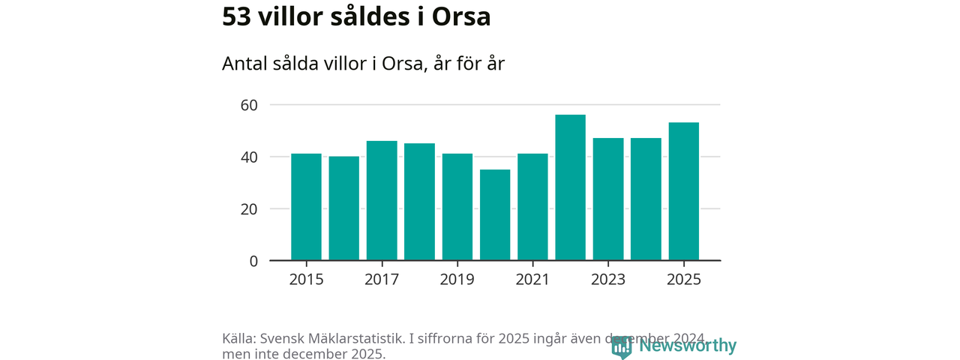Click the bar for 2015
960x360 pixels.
pyautogui.click(x=306, y=207)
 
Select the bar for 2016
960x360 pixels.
pyautogui.click(x=344, y=208)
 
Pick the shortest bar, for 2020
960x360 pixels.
pyautogui.click(x=495, y=215)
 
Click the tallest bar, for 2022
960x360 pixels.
pyautogui.click(x=571, y=187)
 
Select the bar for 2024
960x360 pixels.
pyautogui.click(x=646, y=199)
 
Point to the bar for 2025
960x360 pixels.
pyautogui.click(x=684, y=191)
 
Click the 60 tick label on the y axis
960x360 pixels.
pyautogui.click(x=249, y=105)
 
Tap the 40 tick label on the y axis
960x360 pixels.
pyautogui.click(x=249, y=157)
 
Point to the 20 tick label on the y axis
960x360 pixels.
pyautogui.click(x=249, y=209)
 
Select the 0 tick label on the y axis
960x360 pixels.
pyautogui.click(x=253, y=261)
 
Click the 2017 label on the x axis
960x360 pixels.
pyautogui.click(x=382, y=280)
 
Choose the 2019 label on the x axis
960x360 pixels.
pyautogui.click(x=457, y=280)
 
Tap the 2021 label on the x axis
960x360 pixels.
pyautogui.click(x=532, y=280)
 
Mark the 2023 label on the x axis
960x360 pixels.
pyautogui.click(x=608, y=280)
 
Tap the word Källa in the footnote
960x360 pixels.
pyautogui.click(x=238, y=339)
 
